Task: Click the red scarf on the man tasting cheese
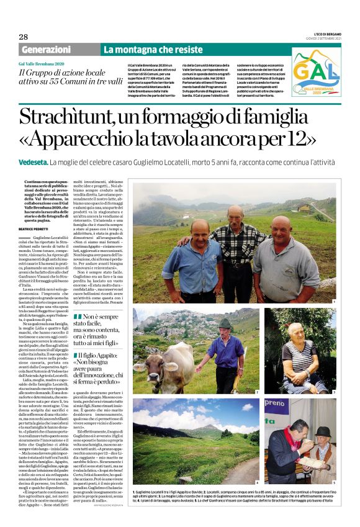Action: tap(292, 446)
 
